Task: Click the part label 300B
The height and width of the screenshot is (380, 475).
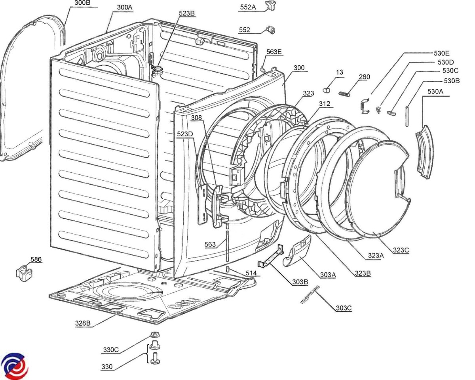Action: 82,3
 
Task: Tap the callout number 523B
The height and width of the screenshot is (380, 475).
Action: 187,13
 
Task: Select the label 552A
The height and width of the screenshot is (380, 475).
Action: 248,7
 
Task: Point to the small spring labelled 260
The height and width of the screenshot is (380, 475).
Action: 344,94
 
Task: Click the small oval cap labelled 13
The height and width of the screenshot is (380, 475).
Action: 327,90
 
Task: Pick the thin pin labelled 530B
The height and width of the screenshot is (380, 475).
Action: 407,116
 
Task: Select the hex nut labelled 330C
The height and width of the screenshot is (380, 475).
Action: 154,335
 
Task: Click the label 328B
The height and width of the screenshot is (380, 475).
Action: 83,323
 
